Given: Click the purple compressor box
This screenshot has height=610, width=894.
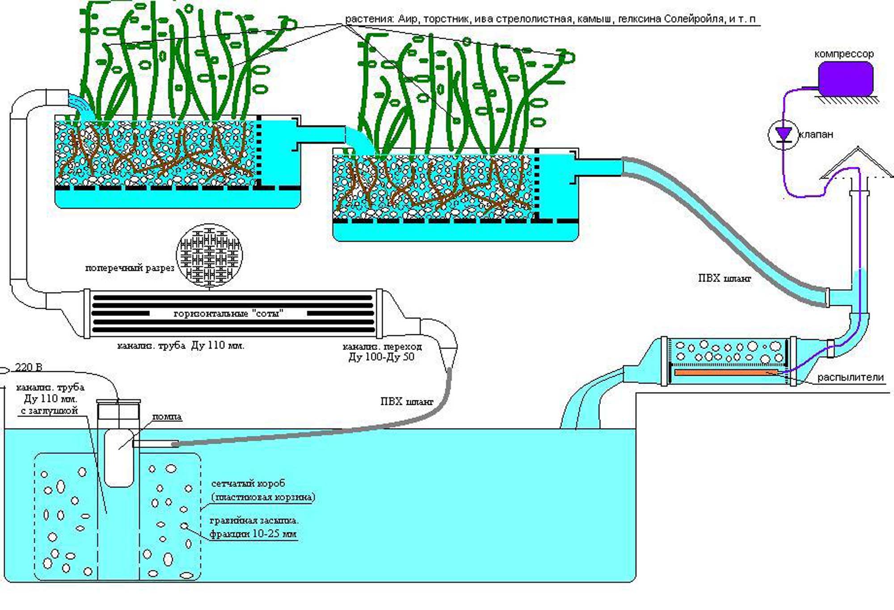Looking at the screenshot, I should pyautogui.click(x=845, y=79).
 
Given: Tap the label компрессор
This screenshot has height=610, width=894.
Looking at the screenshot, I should pyautogui.click(x=843, y=54).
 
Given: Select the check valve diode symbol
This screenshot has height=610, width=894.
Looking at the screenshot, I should pyautogui.click(x=783, y=135).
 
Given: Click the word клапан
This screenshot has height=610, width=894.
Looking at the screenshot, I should pyautogui.click(x=816, y=135).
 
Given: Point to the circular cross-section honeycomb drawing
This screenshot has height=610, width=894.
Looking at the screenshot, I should pyautogui.click(x=210, y=255).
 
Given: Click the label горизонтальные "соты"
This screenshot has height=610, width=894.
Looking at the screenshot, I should pyautogui.click(x=228, y=314).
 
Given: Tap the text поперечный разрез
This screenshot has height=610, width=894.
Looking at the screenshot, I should pyautogui.click(x=129, y=268).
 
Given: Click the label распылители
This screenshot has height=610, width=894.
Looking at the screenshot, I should pyautogui.click(x=850, y=378).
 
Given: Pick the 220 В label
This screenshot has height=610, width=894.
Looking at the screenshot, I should pyautogui.click(x=29, y=367).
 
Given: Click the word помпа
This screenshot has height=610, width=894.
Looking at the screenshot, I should pyautogui.click(x=167, y=416).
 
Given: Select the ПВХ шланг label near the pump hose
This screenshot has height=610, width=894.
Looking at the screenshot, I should pyautogui.click(x=406, y=401).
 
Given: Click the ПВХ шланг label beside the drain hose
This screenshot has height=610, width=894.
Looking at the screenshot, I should pyautogui.click(x=724, y=278).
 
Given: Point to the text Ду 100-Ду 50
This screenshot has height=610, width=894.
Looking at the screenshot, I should pyautogui.click(x=381, y=357).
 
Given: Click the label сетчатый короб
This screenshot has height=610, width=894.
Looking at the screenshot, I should pyautogui.click(x=248, y=484).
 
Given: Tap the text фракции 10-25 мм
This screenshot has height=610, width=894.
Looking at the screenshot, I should pyautogui.click(x=253, y=534).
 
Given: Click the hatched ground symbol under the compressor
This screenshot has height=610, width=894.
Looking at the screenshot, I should pyautogui.click(x=846, y=100).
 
